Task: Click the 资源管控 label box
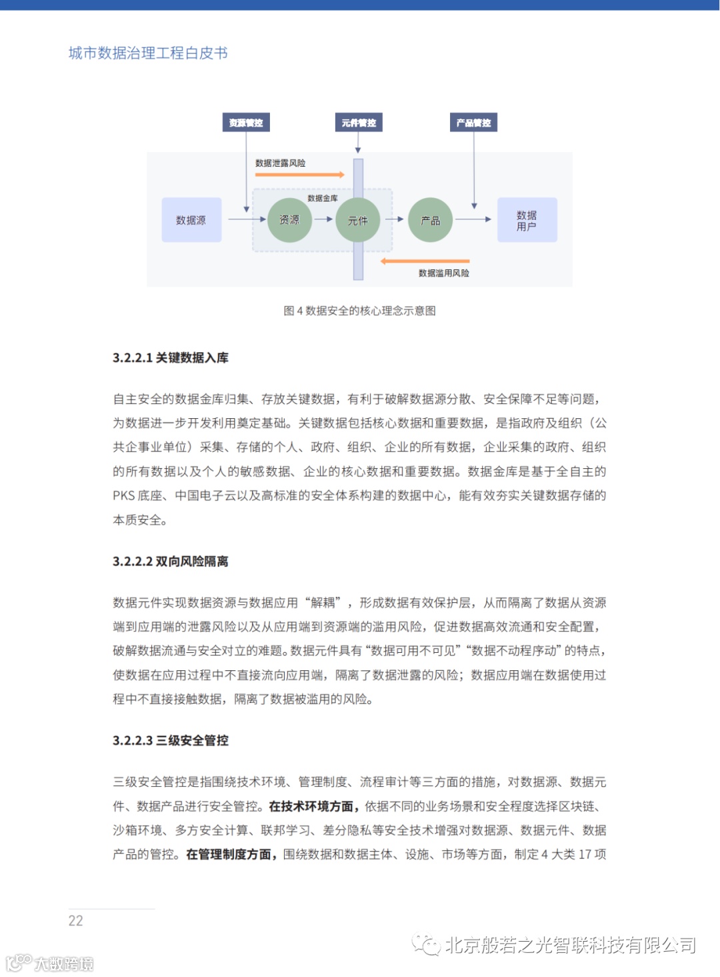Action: [x=246, y=123]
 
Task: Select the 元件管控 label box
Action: [x=359, y=123]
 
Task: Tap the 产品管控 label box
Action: [x=473, y=123]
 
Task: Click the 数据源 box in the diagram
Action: [x=191, y=220]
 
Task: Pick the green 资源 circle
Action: [x=289, y=219]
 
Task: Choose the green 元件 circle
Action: [x=358, y=220]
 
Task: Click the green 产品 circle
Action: [x=430, y=220]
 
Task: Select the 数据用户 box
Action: [x=527, y=220]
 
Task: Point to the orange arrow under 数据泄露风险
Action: [x=299, y=175]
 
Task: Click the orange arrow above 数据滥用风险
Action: [x=425, y=261]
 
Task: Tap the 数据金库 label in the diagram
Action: [x=323, y=198]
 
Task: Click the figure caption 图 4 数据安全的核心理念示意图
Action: [x=359, y=311]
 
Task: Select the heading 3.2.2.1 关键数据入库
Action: [x=171, y=358]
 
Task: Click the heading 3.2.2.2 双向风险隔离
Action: [x=171, y=562]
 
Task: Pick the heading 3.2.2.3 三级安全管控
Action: [x=171, y=740]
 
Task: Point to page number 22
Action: [x=76, y=921]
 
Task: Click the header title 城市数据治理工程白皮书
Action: [x=148, y=53]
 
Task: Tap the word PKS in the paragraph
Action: [x=124, y=496]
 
